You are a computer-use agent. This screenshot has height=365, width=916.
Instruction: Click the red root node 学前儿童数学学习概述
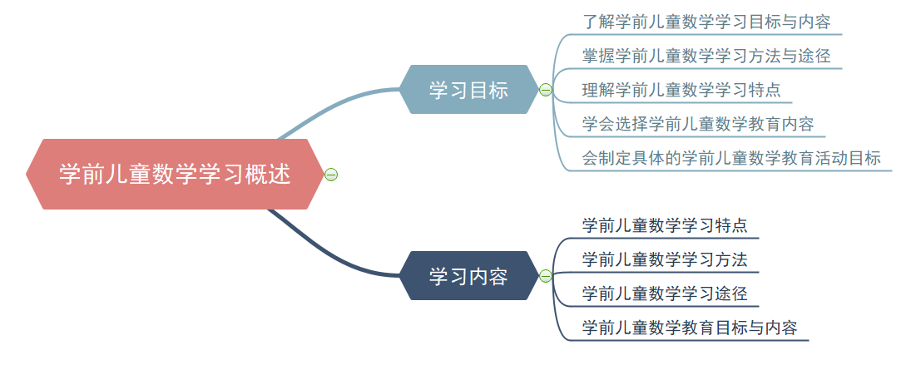pos(174,175)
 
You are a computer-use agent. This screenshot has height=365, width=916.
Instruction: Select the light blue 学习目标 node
pos(468,90)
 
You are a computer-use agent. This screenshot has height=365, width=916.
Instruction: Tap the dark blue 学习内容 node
pos(468,276)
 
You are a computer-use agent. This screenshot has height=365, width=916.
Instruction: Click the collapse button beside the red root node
pos(331,175)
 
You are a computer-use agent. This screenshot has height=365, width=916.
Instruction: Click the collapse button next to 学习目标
pos(546,90)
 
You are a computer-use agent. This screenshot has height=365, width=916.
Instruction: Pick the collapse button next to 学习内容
pos(546,276)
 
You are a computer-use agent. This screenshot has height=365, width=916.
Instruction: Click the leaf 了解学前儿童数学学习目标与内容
pos(706,22)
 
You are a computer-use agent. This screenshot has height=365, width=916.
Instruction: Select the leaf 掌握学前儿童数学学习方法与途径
pos(706,56)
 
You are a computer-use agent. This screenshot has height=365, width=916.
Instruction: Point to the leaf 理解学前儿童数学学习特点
pos(681,90)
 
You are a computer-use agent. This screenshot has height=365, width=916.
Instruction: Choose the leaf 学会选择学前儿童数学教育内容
pos(698,124)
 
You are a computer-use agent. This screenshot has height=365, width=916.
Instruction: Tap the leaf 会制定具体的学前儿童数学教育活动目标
pos(731,158)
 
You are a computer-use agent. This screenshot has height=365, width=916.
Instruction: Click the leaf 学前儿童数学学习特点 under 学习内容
pos(665,225)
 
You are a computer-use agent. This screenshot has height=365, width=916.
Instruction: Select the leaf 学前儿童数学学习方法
pos(665,259)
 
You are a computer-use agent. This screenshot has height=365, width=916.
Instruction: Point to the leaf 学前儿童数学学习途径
pos(665,293)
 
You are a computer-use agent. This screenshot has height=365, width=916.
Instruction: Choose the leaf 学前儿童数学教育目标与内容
pos(690,328)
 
